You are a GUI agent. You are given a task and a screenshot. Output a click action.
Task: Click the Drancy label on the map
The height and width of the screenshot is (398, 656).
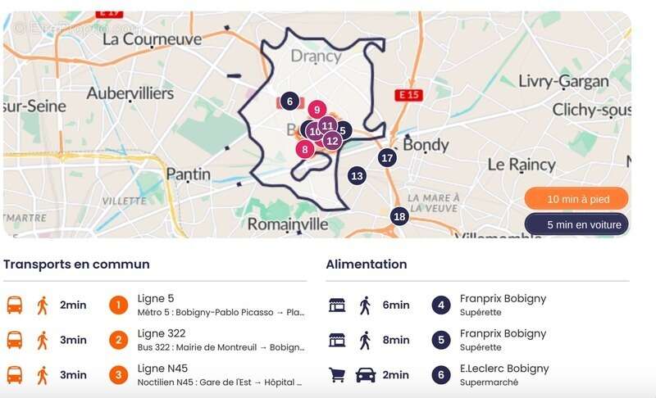pyautogui.click(x=316, y=57)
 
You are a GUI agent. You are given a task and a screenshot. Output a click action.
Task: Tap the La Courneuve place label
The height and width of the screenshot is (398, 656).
pyautogui.click(x=152, y=38)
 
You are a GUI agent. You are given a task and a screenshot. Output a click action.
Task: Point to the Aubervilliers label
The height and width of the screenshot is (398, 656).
pyautogui.click(x=130, y=93)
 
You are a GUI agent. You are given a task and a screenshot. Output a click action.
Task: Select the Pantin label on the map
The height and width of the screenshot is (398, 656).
pyautogui.click(x=188, y=174)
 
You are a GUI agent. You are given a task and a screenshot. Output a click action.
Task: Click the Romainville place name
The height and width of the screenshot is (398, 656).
pyautogui.click(x=288, y=224)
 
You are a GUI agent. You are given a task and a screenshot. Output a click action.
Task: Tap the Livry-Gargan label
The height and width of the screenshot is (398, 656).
pyautogui.click(x=564, y=81)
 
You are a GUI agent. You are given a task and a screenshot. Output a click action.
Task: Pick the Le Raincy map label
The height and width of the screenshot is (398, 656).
pyautogui.click(x=521, y=164)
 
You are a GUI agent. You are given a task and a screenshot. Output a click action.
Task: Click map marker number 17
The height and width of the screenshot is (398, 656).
pyautogui.click(x=388, y=158)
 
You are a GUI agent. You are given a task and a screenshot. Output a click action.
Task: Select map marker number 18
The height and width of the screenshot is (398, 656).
pyautogui.click(x=399, y=216)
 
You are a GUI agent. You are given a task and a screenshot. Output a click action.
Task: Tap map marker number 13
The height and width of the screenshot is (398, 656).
pyautogui.click(x=357, y=175)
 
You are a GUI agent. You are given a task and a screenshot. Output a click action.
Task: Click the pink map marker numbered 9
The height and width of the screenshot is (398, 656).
pyautogui.click(x=317, y=109)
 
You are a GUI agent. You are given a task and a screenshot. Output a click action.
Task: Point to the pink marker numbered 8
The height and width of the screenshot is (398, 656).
pyautogui.click(x=305, y=149)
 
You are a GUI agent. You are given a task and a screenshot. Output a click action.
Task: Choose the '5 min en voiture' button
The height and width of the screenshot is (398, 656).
pyautogui.click(x=576, y=224)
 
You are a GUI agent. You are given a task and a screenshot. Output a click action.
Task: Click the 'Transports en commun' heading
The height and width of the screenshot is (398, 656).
pyautogui.click(x=76, y=265)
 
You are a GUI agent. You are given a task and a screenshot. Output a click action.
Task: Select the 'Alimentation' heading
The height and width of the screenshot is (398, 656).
pyautogui.click(x=367, y=265)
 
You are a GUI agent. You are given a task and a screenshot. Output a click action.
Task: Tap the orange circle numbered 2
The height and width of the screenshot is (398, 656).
pyautogui.click(x=119, y=340)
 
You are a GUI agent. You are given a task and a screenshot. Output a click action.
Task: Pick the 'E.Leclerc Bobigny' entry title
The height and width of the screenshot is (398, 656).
pyautogui.click(x=503, y=369)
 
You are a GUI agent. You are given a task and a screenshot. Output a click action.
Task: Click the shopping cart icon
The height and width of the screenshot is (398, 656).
pyautogui.click(x=336, y=375)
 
